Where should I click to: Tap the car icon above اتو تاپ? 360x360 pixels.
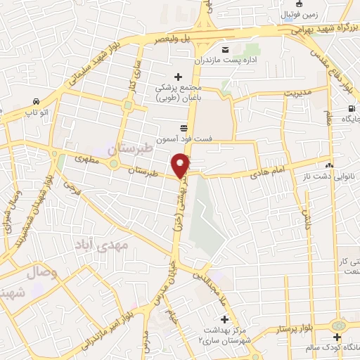(35, 101)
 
